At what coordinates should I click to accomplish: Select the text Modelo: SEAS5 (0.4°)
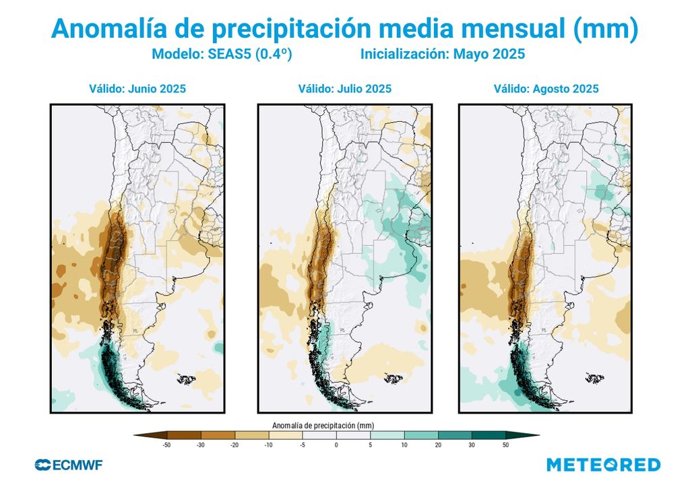221,55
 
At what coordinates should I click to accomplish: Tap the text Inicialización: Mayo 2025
443,55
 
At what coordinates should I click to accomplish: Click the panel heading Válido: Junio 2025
137,88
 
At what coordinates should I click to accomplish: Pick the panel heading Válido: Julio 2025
344,88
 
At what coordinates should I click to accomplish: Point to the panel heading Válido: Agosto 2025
546,88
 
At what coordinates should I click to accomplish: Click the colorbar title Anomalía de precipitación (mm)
323,425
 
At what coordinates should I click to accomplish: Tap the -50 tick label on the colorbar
164,445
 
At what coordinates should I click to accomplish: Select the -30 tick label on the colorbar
199,445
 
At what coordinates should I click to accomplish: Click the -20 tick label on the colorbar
234,445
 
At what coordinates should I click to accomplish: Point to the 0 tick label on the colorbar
336,445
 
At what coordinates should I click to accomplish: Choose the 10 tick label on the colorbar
404,445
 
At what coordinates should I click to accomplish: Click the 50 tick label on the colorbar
506,445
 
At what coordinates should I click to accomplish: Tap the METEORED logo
603,465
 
